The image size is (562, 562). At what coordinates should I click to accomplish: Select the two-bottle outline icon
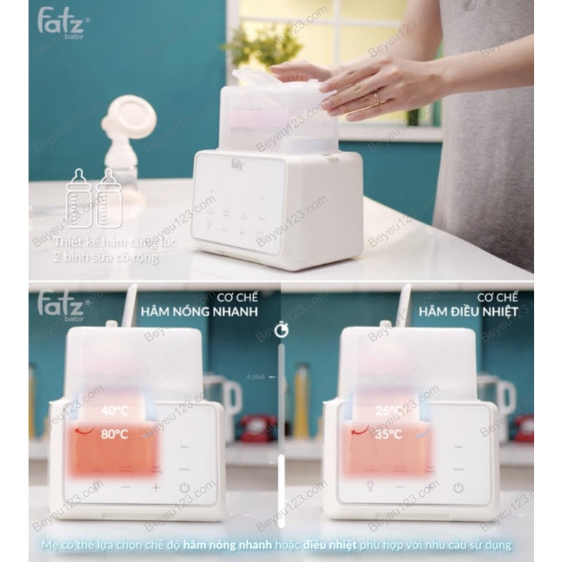point(94,198)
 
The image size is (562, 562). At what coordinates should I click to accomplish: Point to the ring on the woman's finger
point(378,97)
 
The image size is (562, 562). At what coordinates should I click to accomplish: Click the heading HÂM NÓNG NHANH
point(216,312)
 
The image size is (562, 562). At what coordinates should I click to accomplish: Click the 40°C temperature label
point(114,411)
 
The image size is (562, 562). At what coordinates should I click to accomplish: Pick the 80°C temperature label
point(114,434)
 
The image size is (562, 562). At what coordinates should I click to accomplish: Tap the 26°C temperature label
point(388,411)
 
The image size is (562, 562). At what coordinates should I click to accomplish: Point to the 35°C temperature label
point(388,434)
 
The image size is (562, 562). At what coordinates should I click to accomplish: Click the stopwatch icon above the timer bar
point(281,330)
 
